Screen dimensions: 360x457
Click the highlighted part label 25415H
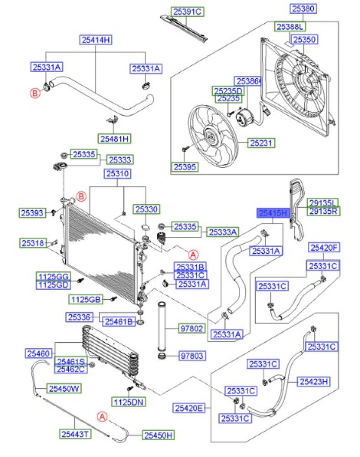pos(273,213)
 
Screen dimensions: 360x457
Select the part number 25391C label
pos(187,12)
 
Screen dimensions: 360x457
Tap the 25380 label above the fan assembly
pos(303,8)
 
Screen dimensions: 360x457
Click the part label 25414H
pos(96,40)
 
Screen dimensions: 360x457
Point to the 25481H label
pos(115,139)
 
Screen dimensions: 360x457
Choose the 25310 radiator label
pos(118,174)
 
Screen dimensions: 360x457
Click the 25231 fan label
pos(261,143)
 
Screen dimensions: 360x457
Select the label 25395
pos(185,167)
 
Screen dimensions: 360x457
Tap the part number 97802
pos(192,329)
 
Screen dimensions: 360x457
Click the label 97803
pos(192,356)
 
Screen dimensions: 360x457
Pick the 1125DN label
pos(128,403)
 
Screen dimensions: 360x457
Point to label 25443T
pos(74,434)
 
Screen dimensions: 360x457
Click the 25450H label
pos(158,436)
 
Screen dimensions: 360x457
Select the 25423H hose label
pos(314,382)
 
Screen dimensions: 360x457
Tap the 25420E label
pos(189,408)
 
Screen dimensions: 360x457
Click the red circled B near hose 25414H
pos(35,93)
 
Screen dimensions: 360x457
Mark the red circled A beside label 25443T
pos(102,417)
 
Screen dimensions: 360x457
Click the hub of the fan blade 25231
pos(210,136)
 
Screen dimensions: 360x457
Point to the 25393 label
pos(32,213)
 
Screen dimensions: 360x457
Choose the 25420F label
pos(323,248)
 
